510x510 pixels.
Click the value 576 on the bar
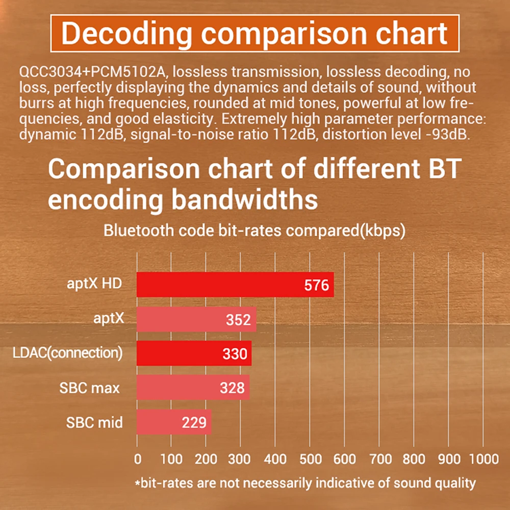(x=316, y=285)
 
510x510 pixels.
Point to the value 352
(x=238, y=320)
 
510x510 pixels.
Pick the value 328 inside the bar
(x=232, y=388)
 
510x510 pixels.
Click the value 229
(x=194, y=422)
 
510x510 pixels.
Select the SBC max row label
(x=89, y=388)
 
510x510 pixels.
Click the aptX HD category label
(x=94, y=284)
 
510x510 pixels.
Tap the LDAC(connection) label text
(x=67, y=353)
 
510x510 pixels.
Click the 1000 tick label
(x=483, y=458)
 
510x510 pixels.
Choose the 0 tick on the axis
(x=137, y=458)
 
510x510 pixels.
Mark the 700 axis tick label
(x=379, y=458)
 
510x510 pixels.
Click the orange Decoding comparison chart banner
(x=255, y=33)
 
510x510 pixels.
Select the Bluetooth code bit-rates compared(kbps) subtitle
(x=254, y=230)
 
